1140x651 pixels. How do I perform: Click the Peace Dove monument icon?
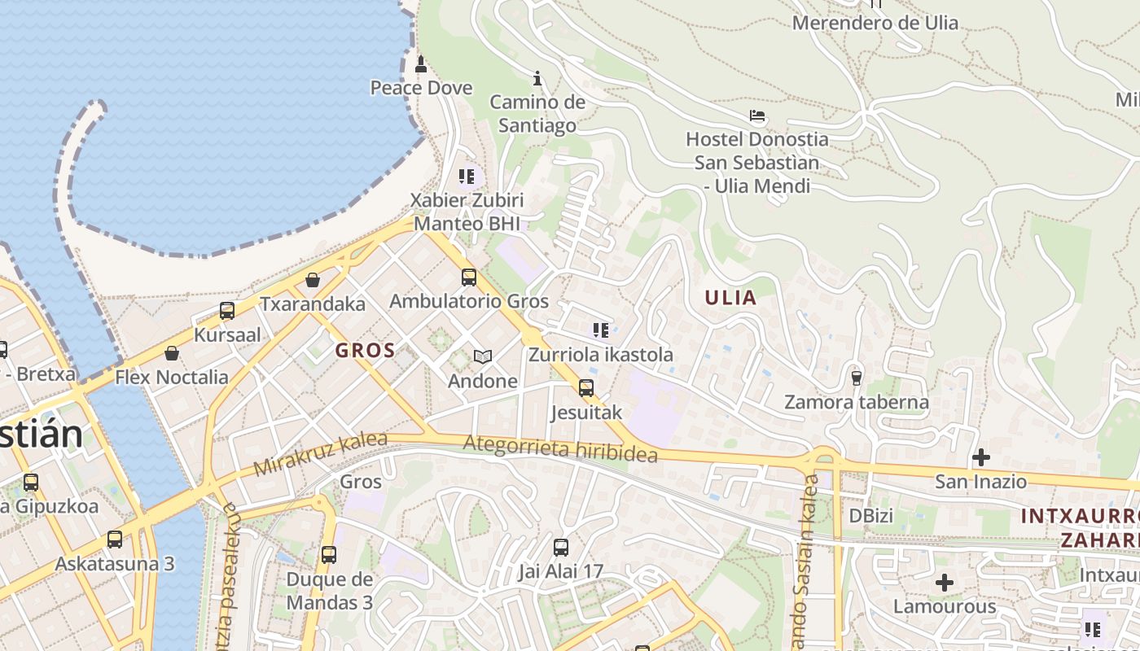click(x=421, y=63)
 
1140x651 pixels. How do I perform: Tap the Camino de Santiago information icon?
click(x=537, y=78)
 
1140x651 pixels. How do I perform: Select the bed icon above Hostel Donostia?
click(x=757, y=116)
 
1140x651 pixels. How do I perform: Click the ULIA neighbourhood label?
click(x=730, y=298)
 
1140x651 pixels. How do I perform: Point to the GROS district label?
click(x=366, y=352)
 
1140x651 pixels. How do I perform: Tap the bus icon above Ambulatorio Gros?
click(x=469, y=277)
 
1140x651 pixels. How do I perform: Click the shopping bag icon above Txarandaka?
click(x=313, y=281)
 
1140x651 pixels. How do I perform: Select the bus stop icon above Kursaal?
click(x=227, y=311)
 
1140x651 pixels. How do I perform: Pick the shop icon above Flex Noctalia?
click(x=172, y=353)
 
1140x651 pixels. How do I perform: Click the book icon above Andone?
click(x=483, y=356)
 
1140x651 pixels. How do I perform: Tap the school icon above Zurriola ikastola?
click(x=601, y=330)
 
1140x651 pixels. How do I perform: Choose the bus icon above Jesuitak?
click(x=586, y=388)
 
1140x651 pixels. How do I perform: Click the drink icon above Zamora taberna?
click(x=856, y=378)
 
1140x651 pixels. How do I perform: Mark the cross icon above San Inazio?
click(x=981, y=457)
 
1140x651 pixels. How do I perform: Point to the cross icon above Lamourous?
click(x=945, y=583)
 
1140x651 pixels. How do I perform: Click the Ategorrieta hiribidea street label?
click(x=560, y=448)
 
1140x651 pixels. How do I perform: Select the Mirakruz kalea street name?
click(x=320, y=454)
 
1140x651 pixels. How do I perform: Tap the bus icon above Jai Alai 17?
click(x=561, y=548)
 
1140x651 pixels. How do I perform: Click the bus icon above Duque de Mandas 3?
click(x=329, y=555)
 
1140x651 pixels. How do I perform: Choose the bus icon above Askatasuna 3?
click(x=115, y=540)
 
